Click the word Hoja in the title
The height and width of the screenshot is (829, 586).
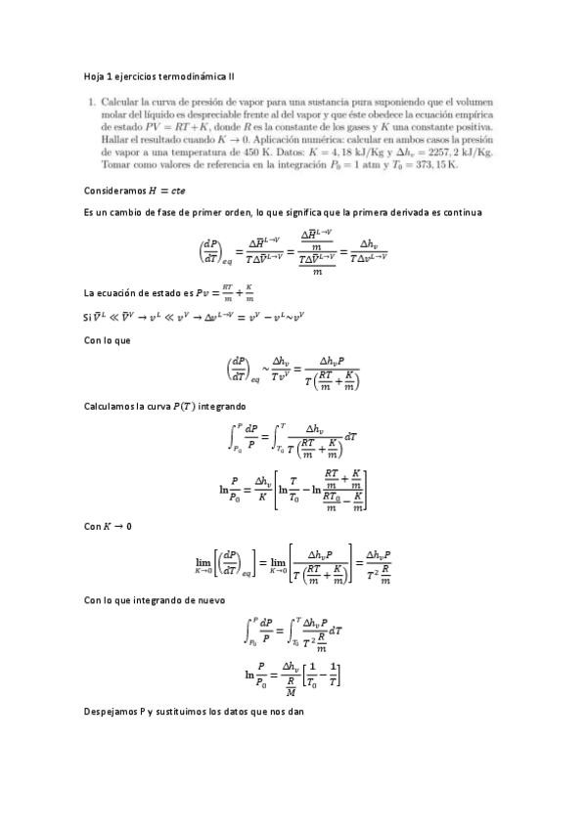95,74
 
